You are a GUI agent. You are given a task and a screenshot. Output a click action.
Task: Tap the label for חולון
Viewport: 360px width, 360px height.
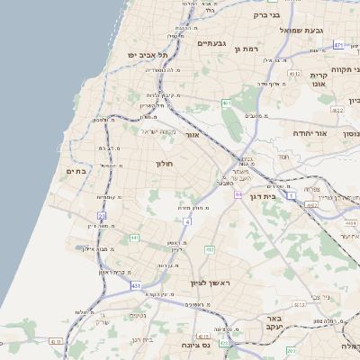[x=164, y=164]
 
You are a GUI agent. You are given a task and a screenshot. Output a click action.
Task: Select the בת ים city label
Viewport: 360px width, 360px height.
[x=76, y=170]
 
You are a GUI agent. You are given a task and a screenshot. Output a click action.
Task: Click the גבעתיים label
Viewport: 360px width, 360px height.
[x=211, y=42]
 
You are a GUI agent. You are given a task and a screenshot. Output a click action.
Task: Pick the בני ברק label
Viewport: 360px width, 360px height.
[x=268, y=14]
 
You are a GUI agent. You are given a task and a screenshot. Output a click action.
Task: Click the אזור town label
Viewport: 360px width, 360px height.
[x=192, y=134]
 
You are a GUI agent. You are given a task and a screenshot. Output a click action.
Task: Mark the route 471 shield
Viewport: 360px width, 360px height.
[x=338, y=44]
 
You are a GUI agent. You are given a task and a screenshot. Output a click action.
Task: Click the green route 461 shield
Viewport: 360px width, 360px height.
[x=227, y=103]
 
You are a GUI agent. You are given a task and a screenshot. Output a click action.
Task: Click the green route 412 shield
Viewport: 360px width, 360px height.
[x=210, y=249]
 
